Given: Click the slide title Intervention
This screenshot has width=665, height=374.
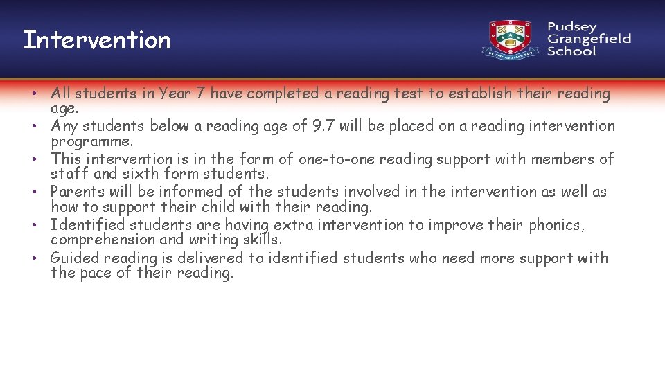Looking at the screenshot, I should pos(96,39).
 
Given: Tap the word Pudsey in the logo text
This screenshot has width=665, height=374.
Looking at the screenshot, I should pos(571,27).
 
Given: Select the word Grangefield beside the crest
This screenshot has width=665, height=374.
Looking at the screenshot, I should pos(589,39).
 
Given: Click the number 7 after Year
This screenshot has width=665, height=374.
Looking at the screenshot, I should pos(199,93).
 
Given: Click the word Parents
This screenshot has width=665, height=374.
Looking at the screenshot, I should pos(77,192).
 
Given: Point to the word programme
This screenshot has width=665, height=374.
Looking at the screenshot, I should pos(91,141).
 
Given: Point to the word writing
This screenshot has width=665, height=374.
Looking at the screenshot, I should pos(216,240).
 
